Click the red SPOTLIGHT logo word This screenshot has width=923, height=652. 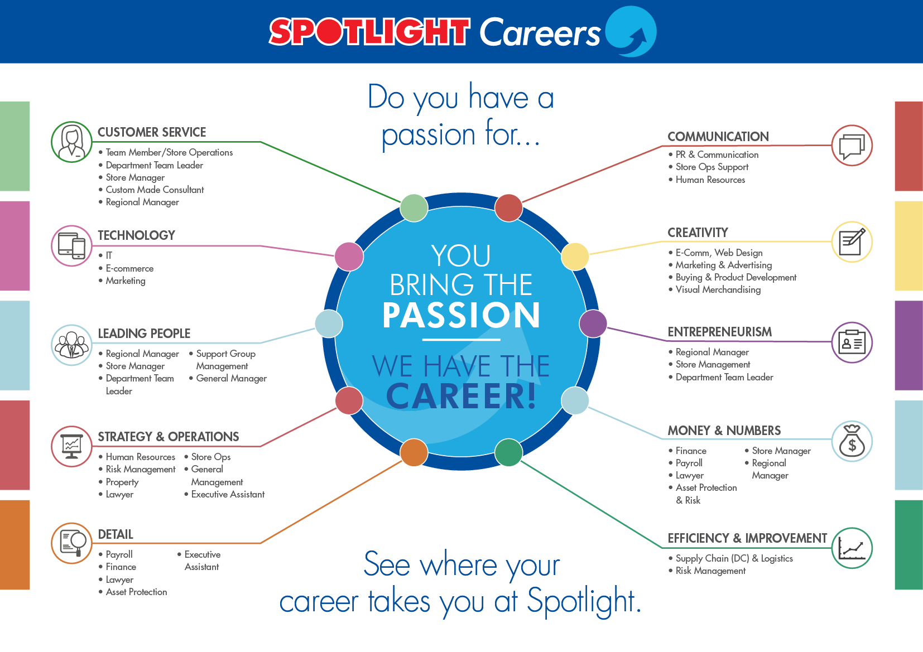click(x=369, y=32)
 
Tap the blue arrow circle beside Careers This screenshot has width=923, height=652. click(x=631, y=32)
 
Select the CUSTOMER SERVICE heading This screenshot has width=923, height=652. click(x=152, y=132)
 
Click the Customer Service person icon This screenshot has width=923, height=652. click(x=71, y=142)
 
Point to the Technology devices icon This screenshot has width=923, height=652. click(x=71, y=245)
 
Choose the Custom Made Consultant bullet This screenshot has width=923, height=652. click(x=155, y=190)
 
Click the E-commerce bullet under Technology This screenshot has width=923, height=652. click(x=129, y=268)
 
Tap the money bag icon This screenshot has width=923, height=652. click(x=852, y=441)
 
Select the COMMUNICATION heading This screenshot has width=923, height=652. click(x=718, y=137)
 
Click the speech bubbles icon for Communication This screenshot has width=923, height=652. click(x=852, y=146)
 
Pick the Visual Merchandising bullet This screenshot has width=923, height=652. click(x=718, y=289)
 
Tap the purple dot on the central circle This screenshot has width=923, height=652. click(x=593, y=323)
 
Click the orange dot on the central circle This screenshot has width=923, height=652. click(x=414, y=452)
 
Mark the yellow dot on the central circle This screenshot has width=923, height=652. click(x=575, y=256)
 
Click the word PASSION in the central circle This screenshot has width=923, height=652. click(x=461, y=315)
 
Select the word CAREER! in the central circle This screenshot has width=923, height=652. click(x=461, y=396)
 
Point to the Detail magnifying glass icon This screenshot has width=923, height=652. click(x=71, y=543)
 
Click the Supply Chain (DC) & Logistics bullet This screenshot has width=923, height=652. click(x=734, y=558)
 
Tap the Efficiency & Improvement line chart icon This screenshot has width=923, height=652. click(x=852, y=548)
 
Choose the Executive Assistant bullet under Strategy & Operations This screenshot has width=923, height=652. click(x=228, y=494)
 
